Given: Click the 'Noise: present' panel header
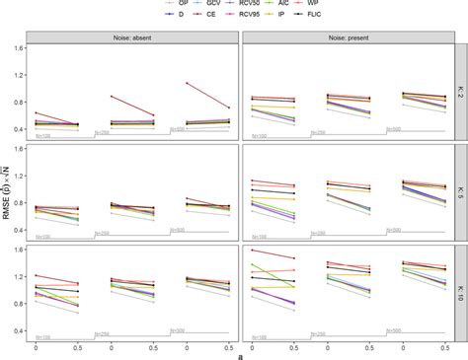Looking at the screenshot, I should pyautogui.click(x=346, y=37).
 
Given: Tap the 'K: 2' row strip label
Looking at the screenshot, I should pyautogui.click(x=460, y=95).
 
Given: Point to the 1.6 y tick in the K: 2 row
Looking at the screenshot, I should pyautogui.click(x=17, y=48).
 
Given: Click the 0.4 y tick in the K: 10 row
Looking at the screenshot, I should pyautogui.click(x=17, y=331).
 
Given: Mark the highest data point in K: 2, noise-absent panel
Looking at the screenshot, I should pyautogui.click(x=187, y=84).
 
